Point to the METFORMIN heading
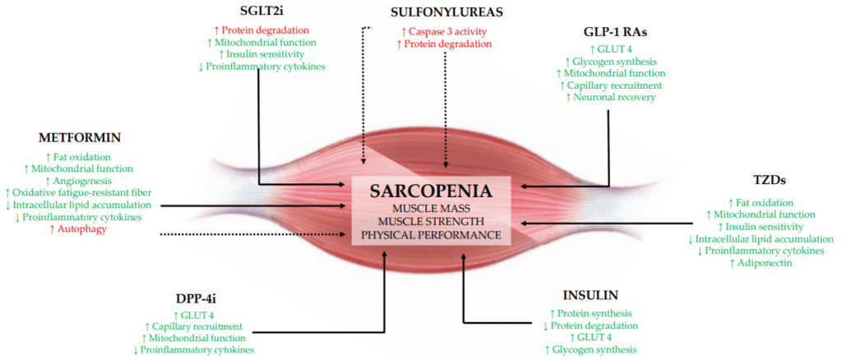click(x=79, y=136)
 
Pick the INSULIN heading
click(x=591, y=294)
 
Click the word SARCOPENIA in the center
click(x=432, y=192)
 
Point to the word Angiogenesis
click(x=79, y=181)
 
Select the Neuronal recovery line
click(x=611, y=97)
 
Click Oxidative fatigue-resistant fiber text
click(x=79, y=193)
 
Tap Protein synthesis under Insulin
click(x=591, y=313)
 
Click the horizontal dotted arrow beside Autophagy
click(x=255, y=234)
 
